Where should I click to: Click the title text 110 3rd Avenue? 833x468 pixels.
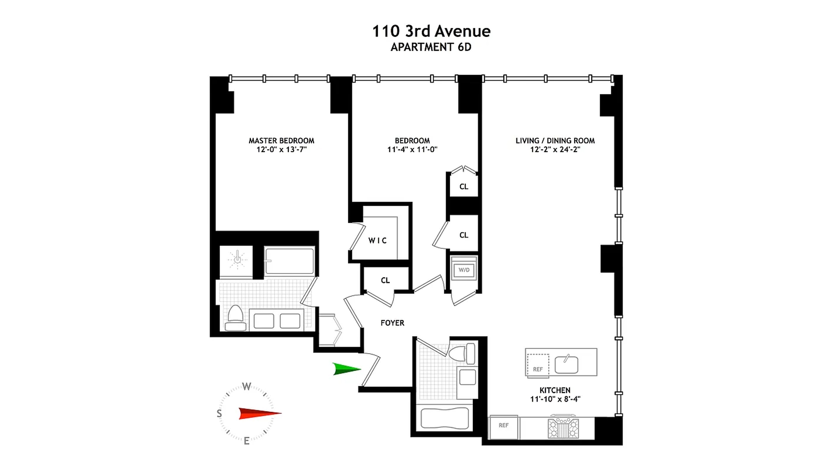(431, 31)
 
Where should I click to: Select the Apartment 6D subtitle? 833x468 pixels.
(431, 47)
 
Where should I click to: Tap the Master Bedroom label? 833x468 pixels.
(281, 140)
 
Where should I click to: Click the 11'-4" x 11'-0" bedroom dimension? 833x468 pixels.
(412, 149)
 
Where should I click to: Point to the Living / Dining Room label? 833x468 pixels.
(555, 140)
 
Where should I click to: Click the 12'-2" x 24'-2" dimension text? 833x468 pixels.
(555, 149)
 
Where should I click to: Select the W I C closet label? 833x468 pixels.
(377, 240)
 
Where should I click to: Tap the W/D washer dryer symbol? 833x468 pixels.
(464, 270)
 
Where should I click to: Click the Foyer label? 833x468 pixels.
(392, 323)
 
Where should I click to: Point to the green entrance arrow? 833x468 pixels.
(346, 369)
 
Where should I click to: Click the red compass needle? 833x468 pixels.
(259, 413)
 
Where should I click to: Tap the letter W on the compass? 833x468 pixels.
(246, 386)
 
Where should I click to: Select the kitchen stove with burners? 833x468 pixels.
(563, 428)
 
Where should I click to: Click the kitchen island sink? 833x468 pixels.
(566, 364)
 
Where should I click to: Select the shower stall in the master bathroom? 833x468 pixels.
(236, 261)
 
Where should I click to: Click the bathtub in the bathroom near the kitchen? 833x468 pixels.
(445, 418)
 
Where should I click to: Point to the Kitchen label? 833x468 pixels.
(555, 390)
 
